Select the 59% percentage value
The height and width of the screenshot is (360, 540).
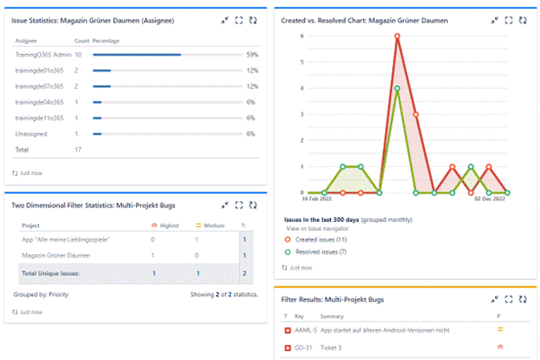click(x=252, y=55)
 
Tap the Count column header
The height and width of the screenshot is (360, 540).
click(x=82, y=41)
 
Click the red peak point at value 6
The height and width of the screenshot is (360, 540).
click(x=397, y=37)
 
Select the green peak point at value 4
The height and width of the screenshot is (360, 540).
click(x=397, y=88)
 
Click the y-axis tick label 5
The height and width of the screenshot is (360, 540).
click(x=302, y=62)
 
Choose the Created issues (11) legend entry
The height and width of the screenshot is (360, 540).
click(x=328, y=240)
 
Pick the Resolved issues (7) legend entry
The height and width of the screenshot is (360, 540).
click(x=329, y=251)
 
